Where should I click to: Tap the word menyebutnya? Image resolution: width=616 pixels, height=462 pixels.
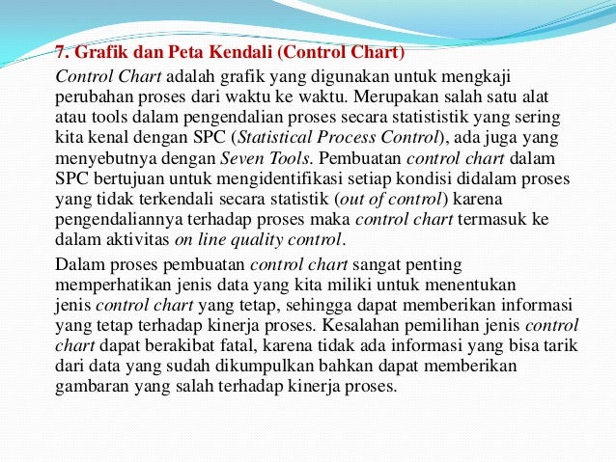pyautogui.click(x=105, y=157)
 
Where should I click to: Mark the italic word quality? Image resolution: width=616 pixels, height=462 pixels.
pyautogui.click(x=265, y=240)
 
